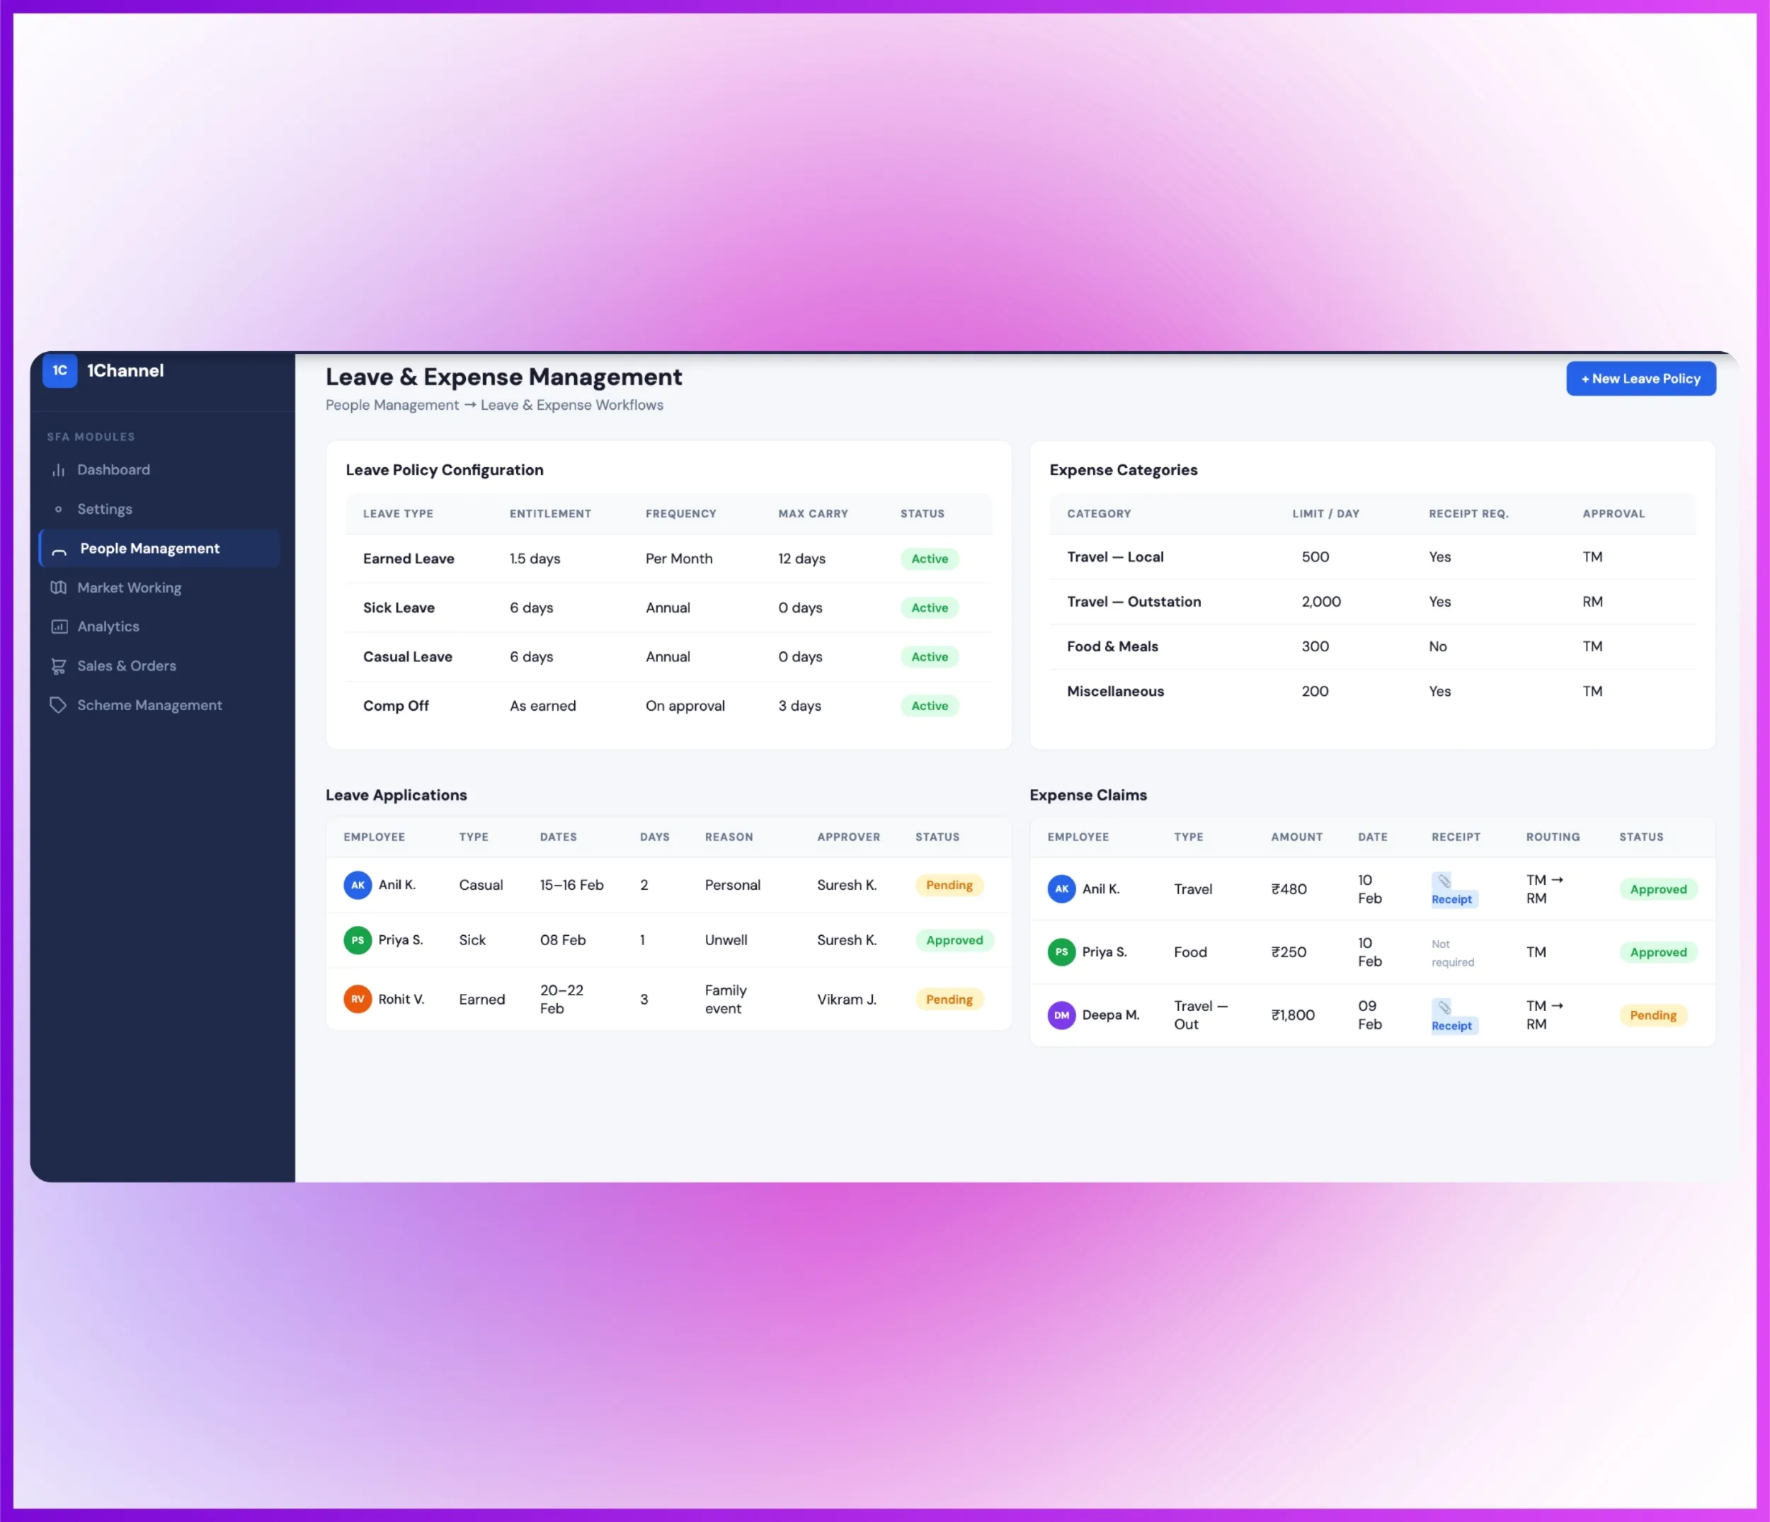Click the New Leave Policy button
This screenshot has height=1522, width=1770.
click(x=1640, y=378)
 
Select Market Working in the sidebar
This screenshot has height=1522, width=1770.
click(x=129, y=588)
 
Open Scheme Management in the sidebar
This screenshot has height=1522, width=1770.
click(x=149, y=704)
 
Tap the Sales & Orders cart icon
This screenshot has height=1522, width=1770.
click(x=58, y=666)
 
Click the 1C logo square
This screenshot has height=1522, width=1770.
click(x=59, y=371)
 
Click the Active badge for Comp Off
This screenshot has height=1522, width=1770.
click(x=930, y=706)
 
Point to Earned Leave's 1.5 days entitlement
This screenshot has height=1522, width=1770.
click(x=535, y=559)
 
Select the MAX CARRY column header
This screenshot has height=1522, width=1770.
click(x=812, y=513)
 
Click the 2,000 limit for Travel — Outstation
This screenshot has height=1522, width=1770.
click(x=1320, y=601)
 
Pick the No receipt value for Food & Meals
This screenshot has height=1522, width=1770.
click(x=1438, y=646)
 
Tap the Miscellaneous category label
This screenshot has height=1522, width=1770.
click(x=1115, y=691)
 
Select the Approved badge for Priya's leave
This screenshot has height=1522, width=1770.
click(x=954, y=939)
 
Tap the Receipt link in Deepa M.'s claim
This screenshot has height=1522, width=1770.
click(x=1451, y=1025)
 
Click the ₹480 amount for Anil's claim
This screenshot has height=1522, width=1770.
click(x=1288, y=888)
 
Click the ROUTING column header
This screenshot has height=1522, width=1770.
click(x=1552, y=837)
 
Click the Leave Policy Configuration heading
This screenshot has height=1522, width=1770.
click(x=444, y=470)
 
